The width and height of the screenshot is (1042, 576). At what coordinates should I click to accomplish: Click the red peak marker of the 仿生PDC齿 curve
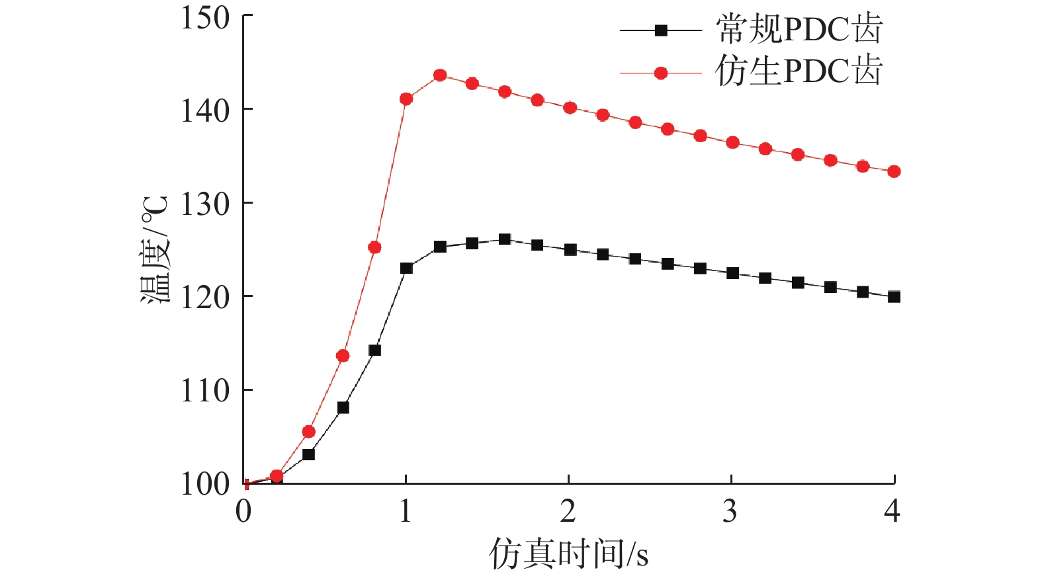(440, 75)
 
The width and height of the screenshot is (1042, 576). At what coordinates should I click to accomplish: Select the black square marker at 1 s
(406, 268)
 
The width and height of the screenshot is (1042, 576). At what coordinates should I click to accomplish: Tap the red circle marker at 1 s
(406, 99)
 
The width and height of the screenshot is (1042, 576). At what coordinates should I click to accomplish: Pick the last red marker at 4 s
(894, 172)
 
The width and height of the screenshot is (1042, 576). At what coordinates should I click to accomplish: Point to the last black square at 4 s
(894, 297)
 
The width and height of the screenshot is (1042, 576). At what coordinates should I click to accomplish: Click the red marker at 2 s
(570, 108)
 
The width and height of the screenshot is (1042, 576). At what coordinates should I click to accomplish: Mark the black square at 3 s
(732, 273)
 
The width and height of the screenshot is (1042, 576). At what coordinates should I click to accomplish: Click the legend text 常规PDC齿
(799, 30)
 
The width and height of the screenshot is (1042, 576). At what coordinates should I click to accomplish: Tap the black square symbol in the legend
(660, 30)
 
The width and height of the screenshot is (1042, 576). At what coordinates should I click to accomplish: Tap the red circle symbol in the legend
(660, 73)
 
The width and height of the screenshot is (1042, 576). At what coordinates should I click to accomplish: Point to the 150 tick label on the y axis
(205, 18)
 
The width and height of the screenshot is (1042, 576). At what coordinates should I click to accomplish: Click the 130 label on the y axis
(205, 204)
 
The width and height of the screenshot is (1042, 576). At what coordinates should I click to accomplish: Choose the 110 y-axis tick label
(205, 391)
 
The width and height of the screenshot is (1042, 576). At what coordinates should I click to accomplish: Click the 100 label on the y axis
(205, 484)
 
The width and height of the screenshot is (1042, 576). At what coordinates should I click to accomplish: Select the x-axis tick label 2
(568, 511)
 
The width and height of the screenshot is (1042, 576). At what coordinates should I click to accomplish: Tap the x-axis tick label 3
(730, 511)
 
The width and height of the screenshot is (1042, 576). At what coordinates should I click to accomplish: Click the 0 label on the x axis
(243, 511)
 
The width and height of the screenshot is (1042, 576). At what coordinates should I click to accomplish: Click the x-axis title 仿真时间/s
(568, 553)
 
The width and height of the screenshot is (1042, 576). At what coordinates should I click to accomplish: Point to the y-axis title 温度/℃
(156, 250)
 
